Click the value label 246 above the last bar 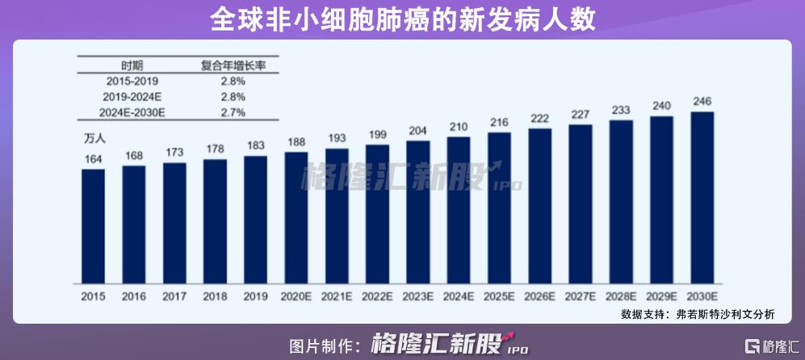[x=702, y=101]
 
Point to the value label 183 [x=255, y=145]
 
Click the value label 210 [x=458, y=126]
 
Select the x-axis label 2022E [x=377, y=296]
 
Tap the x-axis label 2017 [x=174, y=296]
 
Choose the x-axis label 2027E [x=580, y=296]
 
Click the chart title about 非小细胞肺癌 [x=402, y=19]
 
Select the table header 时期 [x=132, y=65]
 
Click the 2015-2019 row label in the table [x=132, y=82]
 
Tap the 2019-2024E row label [x=132, y=97]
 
